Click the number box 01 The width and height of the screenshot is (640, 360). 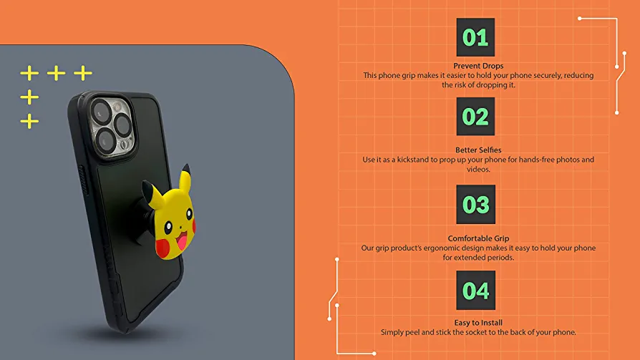coord(475,37)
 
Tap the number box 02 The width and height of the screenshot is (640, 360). coord(475,117)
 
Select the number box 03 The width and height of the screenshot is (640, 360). coord(475,204)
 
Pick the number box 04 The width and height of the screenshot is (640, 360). coord(475,290)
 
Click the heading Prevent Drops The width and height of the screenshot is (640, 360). coord(478,66)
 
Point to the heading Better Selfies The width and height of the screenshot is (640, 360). coord(478,150)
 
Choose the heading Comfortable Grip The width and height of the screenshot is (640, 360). coord(478,238)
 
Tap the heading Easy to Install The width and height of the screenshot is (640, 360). coord(478,323)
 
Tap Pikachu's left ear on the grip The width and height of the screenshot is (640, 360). coord(151,192)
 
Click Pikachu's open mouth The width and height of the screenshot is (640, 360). coord(182,240)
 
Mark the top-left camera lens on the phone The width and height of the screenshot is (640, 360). coord(100,111)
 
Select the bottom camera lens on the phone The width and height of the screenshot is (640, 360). coord(106,141)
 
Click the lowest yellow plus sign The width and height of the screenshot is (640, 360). coord(29,121)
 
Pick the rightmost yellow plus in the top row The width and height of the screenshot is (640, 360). coord(83,73)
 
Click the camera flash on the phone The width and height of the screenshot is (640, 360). coord(117,107)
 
